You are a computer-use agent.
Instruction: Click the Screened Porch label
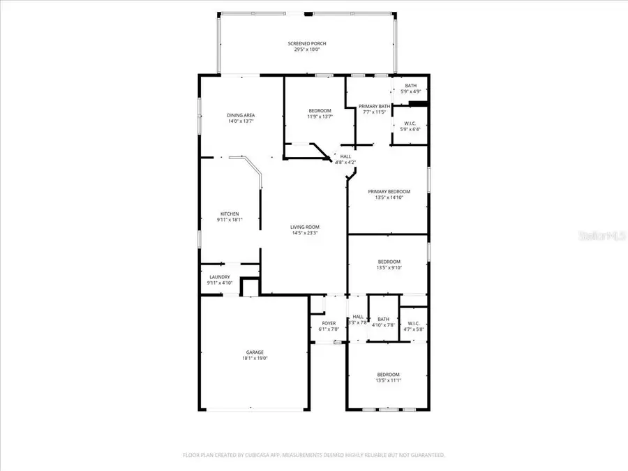click(307, 43)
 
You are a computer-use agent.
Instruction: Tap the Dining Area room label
click(240, 115)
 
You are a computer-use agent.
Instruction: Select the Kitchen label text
click(230, 214)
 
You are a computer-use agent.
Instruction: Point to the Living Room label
click(305, 227)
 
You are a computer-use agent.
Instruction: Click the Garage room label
click(254, 352)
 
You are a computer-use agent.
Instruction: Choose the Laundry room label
click(218, 277)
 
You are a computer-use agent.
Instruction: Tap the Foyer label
click(328, 323)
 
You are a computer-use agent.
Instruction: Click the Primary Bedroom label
click(389, 191)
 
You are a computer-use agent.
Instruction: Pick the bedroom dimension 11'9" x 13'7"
click(320, 117)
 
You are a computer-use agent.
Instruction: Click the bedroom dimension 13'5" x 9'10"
click(389, 267)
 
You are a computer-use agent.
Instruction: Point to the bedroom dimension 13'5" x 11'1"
click(389, 380)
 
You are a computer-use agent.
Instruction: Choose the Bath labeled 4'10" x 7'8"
click(383, 324)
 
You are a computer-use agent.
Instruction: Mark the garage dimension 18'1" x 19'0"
click(254, 358)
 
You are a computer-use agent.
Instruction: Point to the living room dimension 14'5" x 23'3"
click(305, 232)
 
